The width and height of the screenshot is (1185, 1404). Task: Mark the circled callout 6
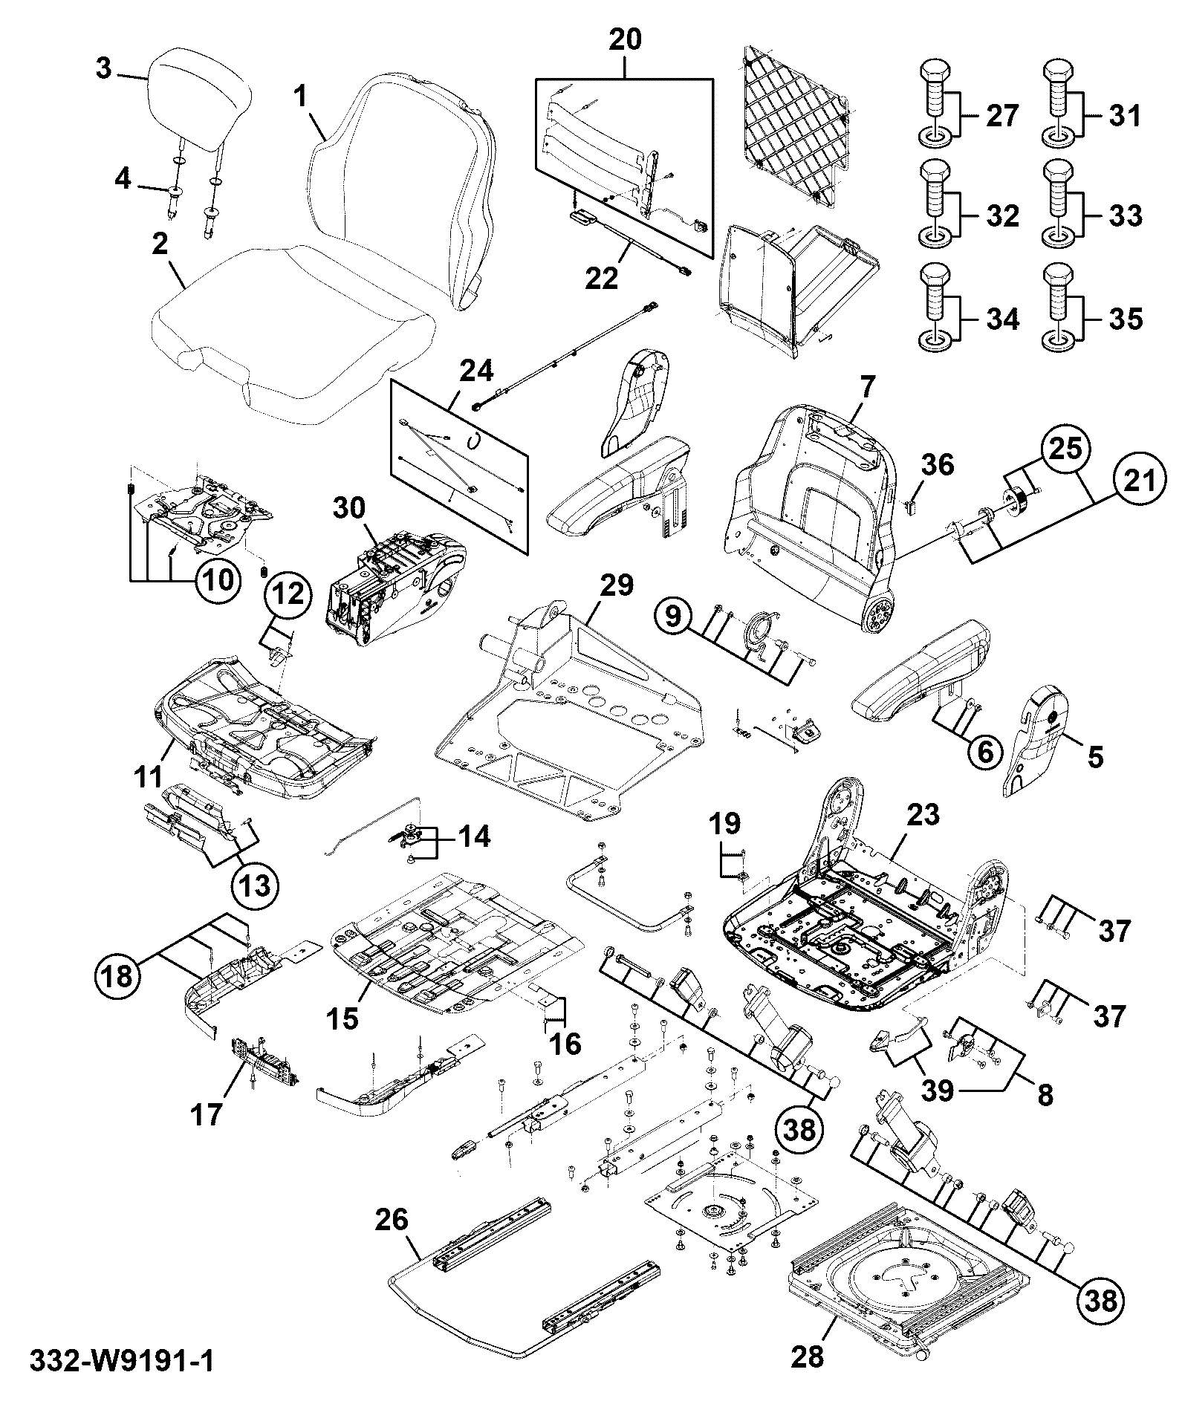(x=984, y=752)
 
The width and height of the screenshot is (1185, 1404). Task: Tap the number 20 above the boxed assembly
(x=625, y=40)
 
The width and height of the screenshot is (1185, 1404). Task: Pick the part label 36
(x=938, y=465)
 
